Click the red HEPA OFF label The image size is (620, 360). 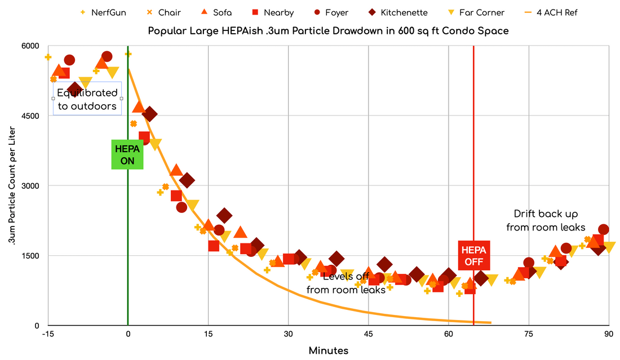(x=473, y=255)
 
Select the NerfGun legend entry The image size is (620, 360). (x=104, y=12)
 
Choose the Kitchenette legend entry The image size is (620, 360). (x=397, y=12)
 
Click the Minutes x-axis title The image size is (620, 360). (x=329, y=350)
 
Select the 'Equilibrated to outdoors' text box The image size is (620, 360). (x=87, y=99)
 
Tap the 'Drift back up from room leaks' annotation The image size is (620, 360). (x=546, y=220)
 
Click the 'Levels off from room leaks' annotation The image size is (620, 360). (x=346, y=283)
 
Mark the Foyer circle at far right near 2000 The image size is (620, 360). (x=603, y=229)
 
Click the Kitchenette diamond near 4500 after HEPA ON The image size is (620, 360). (x=149, y=114)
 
